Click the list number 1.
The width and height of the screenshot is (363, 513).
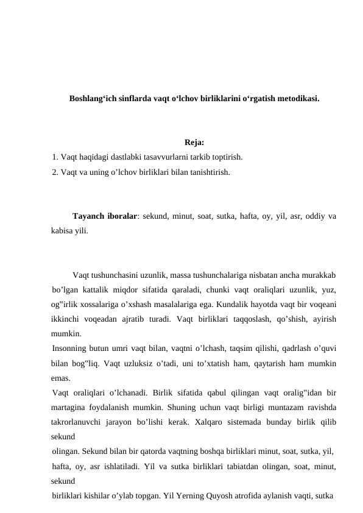coord(55,157)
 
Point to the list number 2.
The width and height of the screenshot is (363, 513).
coord(55,172)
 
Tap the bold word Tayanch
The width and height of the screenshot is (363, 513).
coord(90,216)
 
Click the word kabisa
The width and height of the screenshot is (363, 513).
coord(63,231)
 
